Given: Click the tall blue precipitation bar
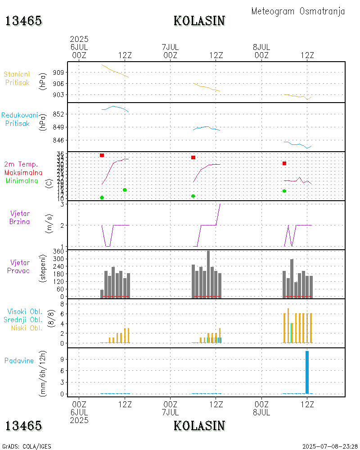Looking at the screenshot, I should [307, 372].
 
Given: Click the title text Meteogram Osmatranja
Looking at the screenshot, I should [298, 11].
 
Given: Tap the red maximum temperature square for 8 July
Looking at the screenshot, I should [284, 163].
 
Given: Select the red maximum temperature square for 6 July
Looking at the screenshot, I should [102, 155].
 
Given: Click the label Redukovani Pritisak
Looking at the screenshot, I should [20, 119].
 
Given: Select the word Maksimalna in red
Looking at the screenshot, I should [23, 172].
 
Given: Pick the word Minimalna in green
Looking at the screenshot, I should [22, 181].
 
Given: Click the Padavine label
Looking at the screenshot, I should [19, 360].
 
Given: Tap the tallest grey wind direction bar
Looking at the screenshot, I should [208, 274].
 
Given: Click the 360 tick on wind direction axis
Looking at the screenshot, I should [58, 251].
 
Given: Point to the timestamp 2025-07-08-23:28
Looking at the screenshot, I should [330, 446].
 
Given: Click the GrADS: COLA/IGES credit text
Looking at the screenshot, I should [27, 446].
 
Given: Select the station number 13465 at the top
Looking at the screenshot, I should [23, 21].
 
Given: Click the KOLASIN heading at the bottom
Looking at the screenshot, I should [199, 425].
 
